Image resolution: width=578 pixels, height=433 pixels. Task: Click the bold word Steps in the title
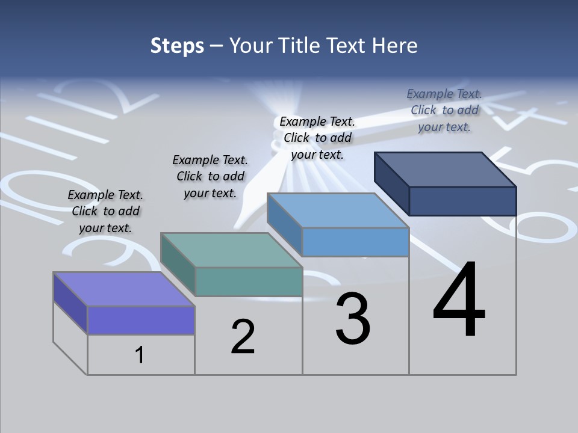(x=176, y=46)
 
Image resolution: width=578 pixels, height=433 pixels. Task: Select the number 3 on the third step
(x=353, y=319)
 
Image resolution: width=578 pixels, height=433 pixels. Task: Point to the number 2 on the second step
(x=243, y=337)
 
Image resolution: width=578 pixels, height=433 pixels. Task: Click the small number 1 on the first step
(x=139, y=355)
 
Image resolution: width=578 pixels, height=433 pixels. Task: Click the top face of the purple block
(x=123, y=289)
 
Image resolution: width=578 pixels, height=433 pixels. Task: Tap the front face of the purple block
(x=141, y=320)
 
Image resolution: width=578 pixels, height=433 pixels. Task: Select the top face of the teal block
(x=231, y=250)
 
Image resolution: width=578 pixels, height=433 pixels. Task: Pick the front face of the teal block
(x=249, y=281)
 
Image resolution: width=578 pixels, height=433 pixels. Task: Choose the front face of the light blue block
(x=355, y=242)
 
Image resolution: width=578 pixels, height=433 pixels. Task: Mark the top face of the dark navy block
(x=446, y=170)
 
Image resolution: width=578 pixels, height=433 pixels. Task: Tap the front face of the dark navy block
(x=462, y=201)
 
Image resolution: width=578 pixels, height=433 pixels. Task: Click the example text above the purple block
(x=105, y=211)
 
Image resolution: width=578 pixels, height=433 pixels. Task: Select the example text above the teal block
(x=210, y=176)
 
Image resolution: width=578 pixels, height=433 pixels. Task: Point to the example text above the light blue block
(x=317, y=138)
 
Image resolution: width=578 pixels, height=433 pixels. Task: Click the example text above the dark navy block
(x=444, y=110)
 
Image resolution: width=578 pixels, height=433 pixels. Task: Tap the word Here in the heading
(x=397, y=46)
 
